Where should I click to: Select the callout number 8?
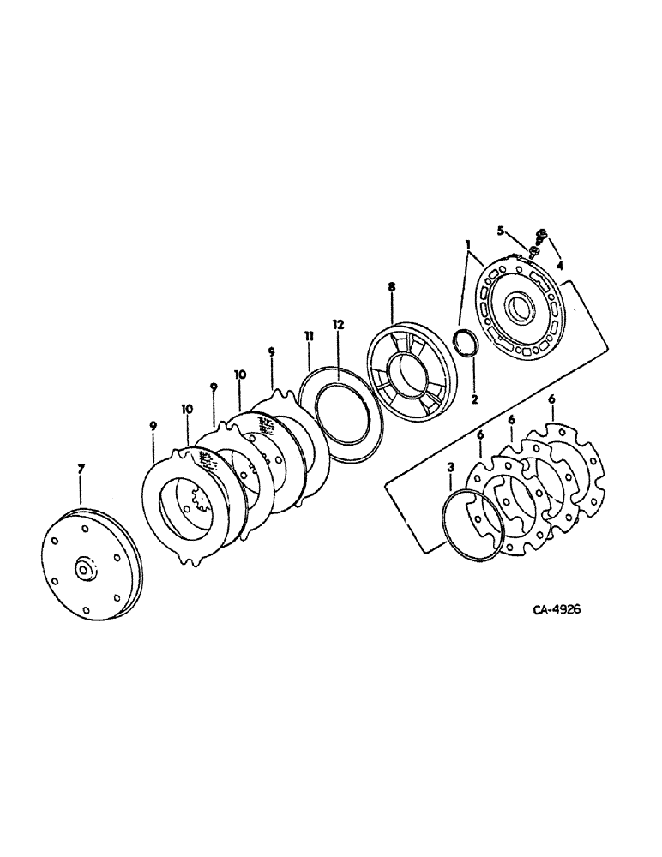[x=391, y=288]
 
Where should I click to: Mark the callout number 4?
[x=559, y=266]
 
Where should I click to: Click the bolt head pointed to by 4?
[x=541, y=233]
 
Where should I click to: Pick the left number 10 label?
[x=187, y=411]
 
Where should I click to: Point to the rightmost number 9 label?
[x=272, y=351]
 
